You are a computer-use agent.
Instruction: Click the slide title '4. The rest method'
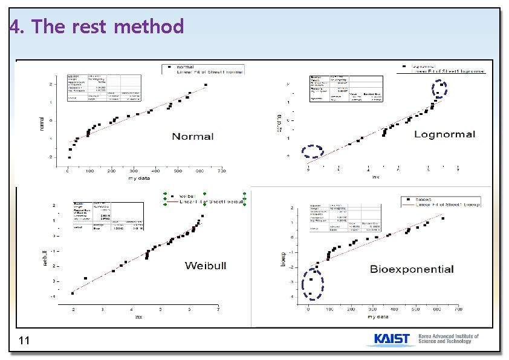pos(97,27)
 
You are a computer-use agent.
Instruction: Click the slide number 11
pos(24,342)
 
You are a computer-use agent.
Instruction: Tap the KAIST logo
pos(392,339)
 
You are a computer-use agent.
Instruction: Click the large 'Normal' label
pos(193,136)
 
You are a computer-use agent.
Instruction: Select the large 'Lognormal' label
pos(444,134)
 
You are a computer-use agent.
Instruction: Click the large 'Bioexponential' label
pos(412,269)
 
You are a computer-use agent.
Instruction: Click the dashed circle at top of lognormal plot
pos(440,89)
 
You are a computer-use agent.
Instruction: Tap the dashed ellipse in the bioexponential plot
pos(313,283)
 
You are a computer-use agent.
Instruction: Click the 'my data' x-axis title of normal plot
pos(140,178)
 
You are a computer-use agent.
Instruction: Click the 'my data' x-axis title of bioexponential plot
pos(379,316)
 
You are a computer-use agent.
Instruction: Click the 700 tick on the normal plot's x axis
pos(221,172)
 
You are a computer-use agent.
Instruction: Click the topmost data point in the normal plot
pos(206,85)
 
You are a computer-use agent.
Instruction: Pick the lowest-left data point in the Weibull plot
pos(73,293)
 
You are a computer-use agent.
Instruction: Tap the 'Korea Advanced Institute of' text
pos(448,336)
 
